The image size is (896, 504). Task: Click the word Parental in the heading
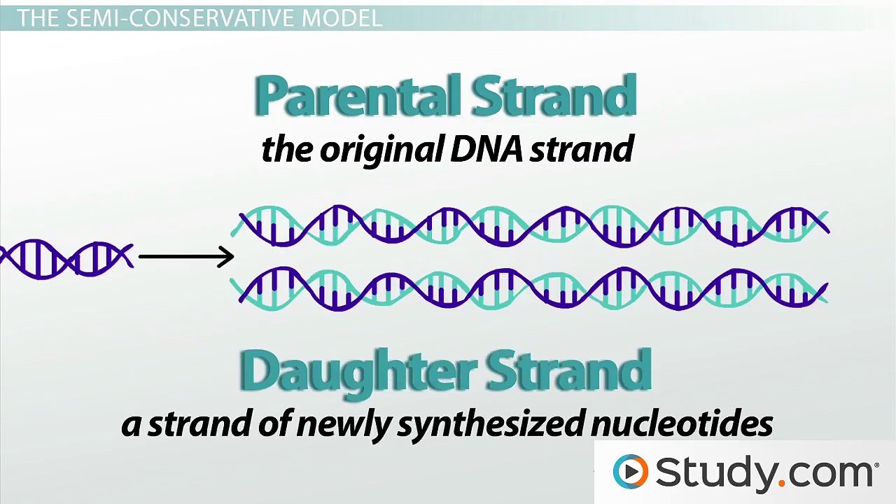[358, 97]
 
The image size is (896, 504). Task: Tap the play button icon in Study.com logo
[631, 472]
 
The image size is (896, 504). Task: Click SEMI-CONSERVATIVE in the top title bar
[181, 18]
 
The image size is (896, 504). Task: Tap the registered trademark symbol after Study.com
[876, 463]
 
